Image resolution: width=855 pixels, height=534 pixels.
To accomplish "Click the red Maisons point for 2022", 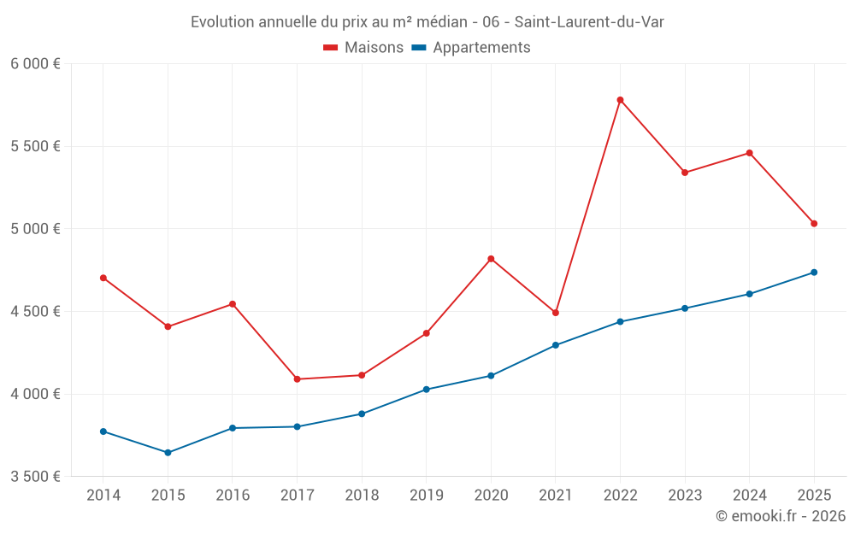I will (x=620, y=100).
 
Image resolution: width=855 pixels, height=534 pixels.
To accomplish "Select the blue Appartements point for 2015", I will (x=168, y=453).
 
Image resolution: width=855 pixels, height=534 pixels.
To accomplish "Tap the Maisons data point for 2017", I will (x=297, y=379).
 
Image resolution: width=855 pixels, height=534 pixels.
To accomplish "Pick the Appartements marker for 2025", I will (x=814, y=273).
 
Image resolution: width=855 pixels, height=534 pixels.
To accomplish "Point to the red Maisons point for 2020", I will (x=491, y=259).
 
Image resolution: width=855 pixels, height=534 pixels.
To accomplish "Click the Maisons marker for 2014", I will (x=103, y=278).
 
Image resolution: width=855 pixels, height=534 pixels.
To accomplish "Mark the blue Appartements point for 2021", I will (x=556, y=345).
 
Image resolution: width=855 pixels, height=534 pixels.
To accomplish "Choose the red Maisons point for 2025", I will (x=814, y=224).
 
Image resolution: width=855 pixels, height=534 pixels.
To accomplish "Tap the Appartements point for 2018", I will (x=362, y=414).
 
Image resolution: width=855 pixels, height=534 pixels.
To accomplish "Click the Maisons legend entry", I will (x=363, y=48).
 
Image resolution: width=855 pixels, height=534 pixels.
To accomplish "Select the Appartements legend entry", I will (x=471, y=48).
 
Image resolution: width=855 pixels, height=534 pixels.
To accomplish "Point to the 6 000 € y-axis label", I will (x=35, y=64).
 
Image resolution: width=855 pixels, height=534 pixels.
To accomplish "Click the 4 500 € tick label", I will (x=35, y=312).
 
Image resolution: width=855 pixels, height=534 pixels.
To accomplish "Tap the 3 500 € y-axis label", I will (x=35, y=477).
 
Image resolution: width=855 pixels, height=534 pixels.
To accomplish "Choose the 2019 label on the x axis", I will (x=427, y=496).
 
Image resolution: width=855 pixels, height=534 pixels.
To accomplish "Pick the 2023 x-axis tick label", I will (x=685, y=496).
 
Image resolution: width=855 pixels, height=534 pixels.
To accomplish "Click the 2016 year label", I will (x=233, y=496).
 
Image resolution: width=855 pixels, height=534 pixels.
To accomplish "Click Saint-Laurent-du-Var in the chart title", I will (x=589, y=22).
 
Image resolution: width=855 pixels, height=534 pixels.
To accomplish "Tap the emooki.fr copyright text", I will (x=781, y=516).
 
